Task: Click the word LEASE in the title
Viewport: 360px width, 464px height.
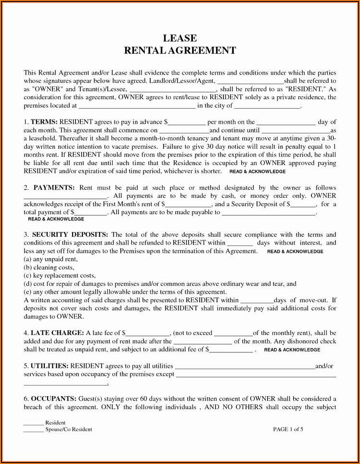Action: point(180,39)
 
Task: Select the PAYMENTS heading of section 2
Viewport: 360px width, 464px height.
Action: point(53,187)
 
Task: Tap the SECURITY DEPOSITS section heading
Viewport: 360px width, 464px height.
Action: point(70,234)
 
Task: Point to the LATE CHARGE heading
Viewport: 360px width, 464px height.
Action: point(57,333)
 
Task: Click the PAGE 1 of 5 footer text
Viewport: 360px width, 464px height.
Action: point(288,429)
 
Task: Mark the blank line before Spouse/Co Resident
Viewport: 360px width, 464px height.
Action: point(33,430)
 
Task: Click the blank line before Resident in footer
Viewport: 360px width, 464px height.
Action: point(33,423)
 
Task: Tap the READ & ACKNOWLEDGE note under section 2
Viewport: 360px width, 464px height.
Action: point(56,219)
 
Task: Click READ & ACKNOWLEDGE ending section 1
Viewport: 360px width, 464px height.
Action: point(257,171)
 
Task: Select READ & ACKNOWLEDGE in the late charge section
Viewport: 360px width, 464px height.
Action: point(292,350)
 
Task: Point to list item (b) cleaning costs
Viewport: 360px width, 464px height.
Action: point(49,267)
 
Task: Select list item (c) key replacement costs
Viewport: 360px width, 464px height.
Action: point(60,275)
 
